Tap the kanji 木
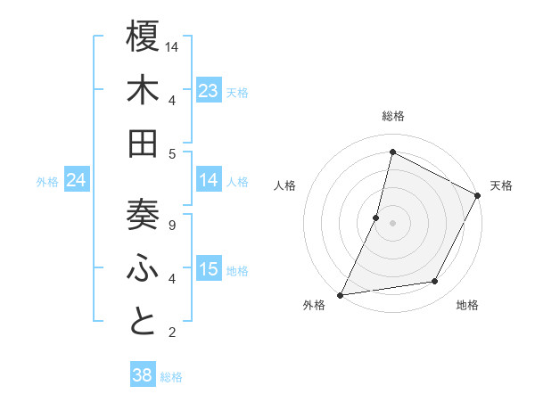144,91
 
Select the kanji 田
144,144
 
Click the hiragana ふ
144,268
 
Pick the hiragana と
144,322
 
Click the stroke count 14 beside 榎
173,46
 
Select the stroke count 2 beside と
171,333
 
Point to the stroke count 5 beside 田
171,153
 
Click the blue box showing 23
209,91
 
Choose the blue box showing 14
209,180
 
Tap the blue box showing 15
209,269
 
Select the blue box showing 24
76,180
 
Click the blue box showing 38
143,376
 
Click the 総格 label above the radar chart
392,116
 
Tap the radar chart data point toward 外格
341,294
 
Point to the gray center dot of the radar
392,223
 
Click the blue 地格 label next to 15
237,270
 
